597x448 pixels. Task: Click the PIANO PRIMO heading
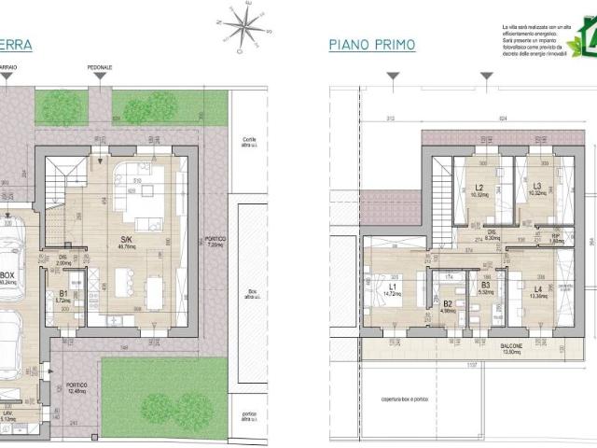[371, 45]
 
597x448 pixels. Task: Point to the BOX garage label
[8, 277]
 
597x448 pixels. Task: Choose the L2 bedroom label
[479, 189]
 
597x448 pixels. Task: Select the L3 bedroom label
[536, 189]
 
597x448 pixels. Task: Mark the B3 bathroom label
[484, 287]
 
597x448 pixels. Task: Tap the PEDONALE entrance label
[101, 68]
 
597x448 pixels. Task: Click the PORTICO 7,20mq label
[215, 242]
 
